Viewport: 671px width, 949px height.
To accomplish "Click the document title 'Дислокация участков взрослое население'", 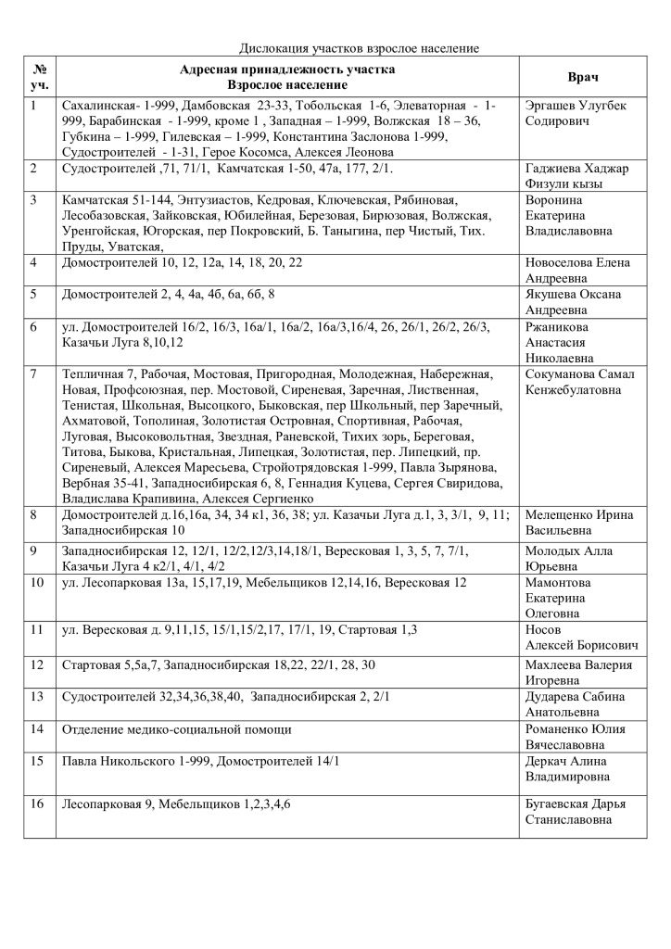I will click(359, 47).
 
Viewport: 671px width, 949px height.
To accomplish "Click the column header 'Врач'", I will click(582, 77).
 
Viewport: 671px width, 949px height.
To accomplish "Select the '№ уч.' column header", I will click(40, 77).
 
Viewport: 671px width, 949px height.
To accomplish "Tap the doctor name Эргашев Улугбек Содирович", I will click(575, 113).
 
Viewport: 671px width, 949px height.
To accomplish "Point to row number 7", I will click(34, 374).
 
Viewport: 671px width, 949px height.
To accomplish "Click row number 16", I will click(37, 803).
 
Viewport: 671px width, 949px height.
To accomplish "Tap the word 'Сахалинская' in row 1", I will click(95, 106).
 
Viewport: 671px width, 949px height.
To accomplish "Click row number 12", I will click(37, 664).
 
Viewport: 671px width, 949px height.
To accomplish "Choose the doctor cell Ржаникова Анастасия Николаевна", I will click(565, 342).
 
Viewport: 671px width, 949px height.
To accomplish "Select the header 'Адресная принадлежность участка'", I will click(286, 70).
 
